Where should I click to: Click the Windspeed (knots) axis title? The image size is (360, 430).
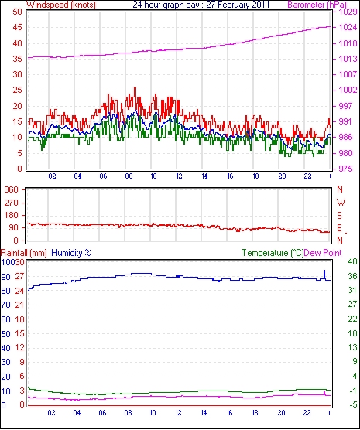(60, 5)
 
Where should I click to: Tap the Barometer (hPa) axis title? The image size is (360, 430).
(317, 5)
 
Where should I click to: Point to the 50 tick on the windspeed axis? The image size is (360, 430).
(17, 12)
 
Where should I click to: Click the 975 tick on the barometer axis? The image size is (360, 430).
(345, 169)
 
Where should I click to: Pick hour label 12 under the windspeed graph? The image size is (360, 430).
(179, 176)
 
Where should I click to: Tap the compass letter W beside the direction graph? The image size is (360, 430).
(341, 203)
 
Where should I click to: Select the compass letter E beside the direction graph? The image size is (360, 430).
(340, 228)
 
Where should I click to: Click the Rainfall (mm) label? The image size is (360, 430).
(24, 253)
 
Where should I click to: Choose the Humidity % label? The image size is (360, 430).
(71, 253)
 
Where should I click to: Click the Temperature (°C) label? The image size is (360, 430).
(273, 253)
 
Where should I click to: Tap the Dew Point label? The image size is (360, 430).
(323, 253)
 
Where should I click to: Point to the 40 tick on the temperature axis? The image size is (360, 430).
(352, 261)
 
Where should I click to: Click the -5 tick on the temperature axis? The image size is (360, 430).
(352, 404)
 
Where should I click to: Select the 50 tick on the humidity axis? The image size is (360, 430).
(5, 334)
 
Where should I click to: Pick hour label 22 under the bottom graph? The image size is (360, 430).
(307, 412)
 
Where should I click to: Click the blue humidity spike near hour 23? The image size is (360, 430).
(324, 275)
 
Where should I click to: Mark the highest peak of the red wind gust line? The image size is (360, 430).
(135, 87)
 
